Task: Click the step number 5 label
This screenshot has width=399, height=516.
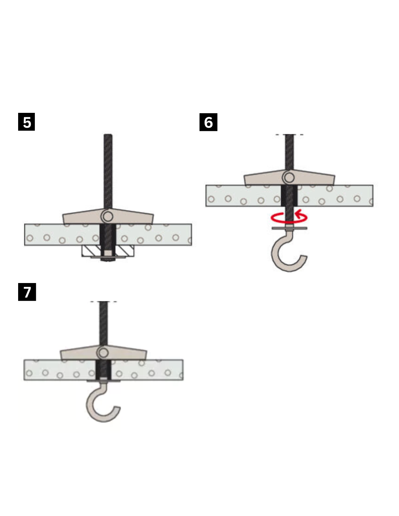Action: click(26, 122)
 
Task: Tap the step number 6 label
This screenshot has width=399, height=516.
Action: click(208, 122)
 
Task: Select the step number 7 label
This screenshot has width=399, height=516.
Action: click(27, 292)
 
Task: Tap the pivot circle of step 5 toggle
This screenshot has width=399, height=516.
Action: click(108, 216)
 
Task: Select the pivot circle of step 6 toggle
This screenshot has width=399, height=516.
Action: click(289, 177)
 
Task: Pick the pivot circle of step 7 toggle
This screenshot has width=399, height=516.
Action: click(103, 353)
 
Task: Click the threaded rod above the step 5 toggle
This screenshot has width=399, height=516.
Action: click(108, 171)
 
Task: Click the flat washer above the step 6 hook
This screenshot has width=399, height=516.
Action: click(289, 228)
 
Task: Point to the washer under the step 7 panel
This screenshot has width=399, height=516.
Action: click(103, 381)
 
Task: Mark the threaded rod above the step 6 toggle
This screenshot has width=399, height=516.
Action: click(289, 152)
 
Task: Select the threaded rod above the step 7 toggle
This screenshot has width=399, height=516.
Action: click(103, 323)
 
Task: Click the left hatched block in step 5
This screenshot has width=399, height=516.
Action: click(91, 251)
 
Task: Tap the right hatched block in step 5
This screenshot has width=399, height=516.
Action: click(125, 251)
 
